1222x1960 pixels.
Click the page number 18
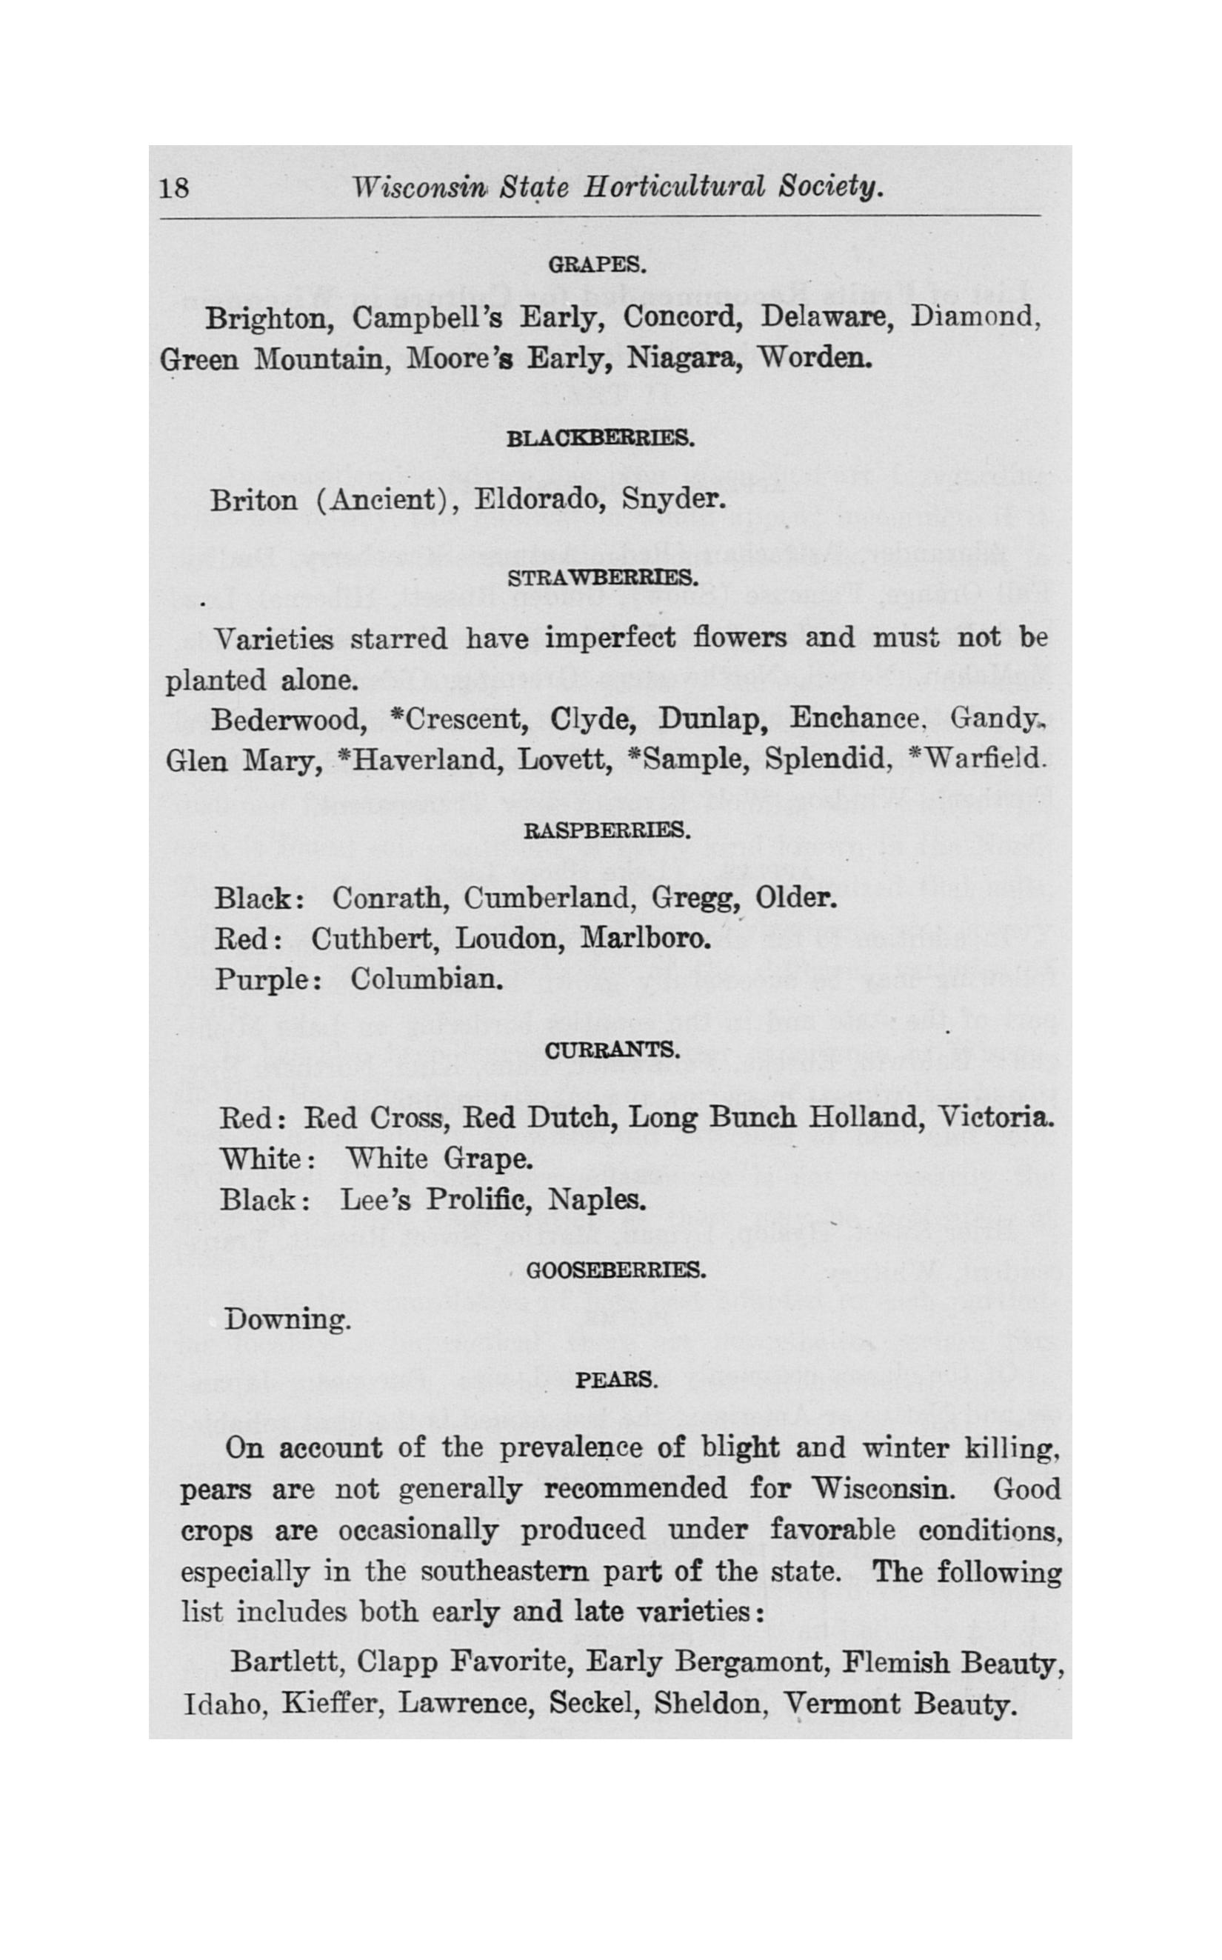point(175,188)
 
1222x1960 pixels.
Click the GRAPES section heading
point(596,265)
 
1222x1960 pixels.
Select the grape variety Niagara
point(684,358)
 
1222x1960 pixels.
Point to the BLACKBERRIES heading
point(600,440)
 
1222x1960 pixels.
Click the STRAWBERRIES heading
point(602,579)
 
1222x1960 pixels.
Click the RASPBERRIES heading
point(607,831)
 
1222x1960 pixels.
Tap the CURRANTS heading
point(612,1050)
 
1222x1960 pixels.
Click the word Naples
point(597,1199)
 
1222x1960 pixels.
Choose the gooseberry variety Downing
point(287,1320)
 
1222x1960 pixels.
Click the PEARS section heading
point(616,1380)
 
